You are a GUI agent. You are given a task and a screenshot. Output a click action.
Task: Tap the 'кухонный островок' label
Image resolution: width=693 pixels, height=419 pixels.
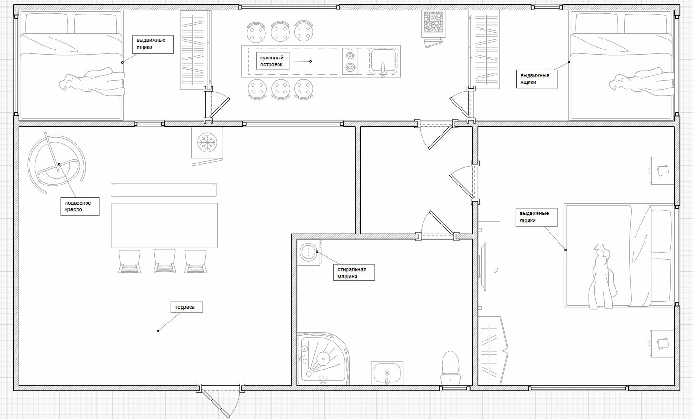(272, 61)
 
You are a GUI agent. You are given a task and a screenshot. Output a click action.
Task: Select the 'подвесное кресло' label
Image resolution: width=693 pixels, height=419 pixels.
(80, 206)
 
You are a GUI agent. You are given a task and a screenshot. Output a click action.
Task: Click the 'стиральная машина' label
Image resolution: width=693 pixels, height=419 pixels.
(354, 273)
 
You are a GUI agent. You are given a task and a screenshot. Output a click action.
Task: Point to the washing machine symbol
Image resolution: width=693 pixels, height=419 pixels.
(309, 253)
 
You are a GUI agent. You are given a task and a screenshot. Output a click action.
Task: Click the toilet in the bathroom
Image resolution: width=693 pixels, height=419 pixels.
(450, 368)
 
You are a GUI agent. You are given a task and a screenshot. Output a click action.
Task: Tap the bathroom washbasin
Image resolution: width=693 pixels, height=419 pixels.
(387, 373)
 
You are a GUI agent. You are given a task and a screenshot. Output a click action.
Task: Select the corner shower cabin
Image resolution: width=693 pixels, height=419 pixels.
(323, 359)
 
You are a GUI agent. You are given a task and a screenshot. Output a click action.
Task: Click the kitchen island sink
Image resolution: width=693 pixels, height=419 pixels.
(383, 61)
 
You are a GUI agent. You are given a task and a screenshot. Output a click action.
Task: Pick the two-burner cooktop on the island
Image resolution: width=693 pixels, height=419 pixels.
(350, 61)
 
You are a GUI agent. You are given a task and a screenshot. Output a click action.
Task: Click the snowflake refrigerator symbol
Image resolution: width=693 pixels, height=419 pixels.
(207, 143)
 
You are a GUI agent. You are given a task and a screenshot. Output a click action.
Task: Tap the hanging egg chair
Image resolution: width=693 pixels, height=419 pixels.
(56, 163)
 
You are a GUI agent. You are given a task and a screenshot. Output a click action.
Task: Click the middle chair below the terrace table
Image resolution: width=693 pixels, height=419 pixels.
(164, 261)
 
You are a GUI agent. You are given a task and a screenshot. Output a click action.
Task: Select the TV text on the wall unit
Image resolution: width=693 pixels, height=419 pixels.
(496, 270)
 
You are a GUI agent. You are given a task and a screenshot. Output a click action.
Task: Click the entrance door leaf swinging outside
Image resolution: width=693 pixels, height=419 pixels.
(216, 404)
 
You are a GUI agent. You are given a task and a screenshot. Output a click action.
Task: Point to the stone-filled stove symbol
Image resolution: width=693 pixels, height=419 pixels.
(433, 24)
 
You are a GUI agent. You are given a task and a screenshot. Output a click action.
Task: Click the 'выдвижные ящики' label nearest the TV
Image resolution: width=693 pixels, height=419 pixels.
(536, 217)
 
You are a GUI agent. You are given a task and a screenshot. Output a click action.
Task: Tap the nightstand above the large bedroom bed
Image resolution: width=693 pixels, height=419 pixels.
(662, 171)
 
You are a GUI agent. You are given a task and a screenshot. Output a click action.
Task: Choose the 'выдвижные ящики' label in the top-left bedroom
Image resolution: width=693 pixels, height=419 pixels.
(153, 44)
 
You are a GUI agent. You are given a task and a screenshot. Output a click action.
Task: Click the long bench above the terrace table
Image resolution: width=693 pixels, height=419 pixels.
(164, 189)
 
